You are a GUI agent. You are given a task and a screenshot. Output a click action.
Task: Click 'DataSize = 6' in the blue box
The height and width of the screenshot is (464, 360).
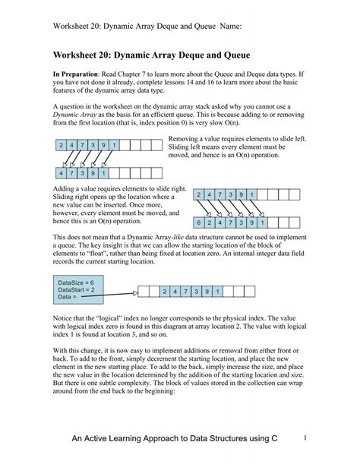[x=77, y=282]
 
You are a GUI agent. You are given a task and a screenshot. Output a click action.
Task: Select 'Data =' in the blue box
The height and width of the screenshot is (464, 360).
[x=69, y=297]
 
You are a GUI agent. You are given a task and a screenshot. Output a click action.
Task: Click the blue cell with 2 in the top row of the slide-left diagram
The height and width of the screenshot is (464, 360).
[x=60, y=144]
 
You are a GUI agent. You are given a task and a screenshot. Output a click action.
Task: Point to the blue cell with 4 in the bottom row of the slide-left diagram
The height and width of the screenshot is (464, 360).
[x=60, y=172]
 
